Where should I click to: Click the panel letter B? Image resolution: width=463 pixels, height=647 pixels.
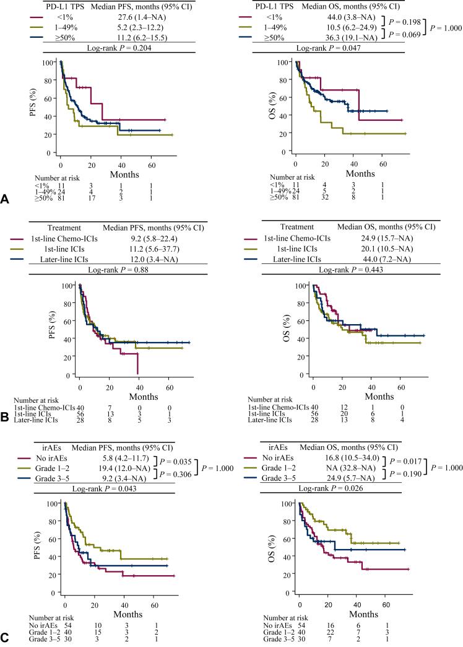coord(5,409)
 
